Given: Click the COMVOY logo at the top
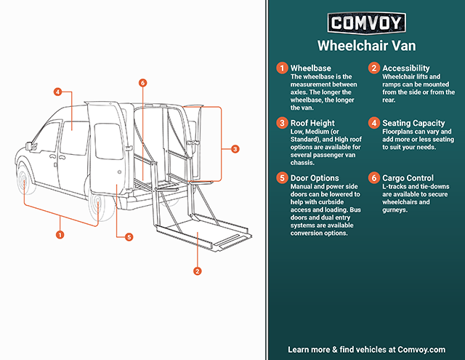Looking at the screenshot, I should [x=366, y=23].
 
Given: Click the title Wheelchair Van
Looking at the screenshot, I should [x=366, y=46].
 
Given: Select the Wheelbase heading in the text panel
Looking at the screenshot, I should [x=311, y=68].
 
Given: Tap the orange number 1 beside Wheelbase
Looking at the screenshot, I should [x=280, y=68].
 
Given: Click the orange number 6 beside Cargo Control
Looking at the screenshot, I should [x=373, y=178].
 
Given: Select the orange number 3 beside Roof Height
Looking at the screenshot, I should [x=280, y=123].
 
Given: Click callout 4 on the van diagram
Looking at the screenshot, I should [x=57, y=92].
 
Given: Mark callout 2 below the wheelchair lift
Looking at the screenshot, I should [x=196, y=271].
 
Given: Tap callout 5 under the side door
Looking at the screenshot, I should [x=129, y=236].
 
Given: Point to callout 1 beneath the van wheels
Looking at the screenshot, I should [x=60, y=235].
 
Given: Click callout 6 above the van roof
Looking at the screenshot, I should [x=143, y=83].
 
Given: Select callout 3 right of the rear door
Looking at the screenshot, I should [x=235, y=148].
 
